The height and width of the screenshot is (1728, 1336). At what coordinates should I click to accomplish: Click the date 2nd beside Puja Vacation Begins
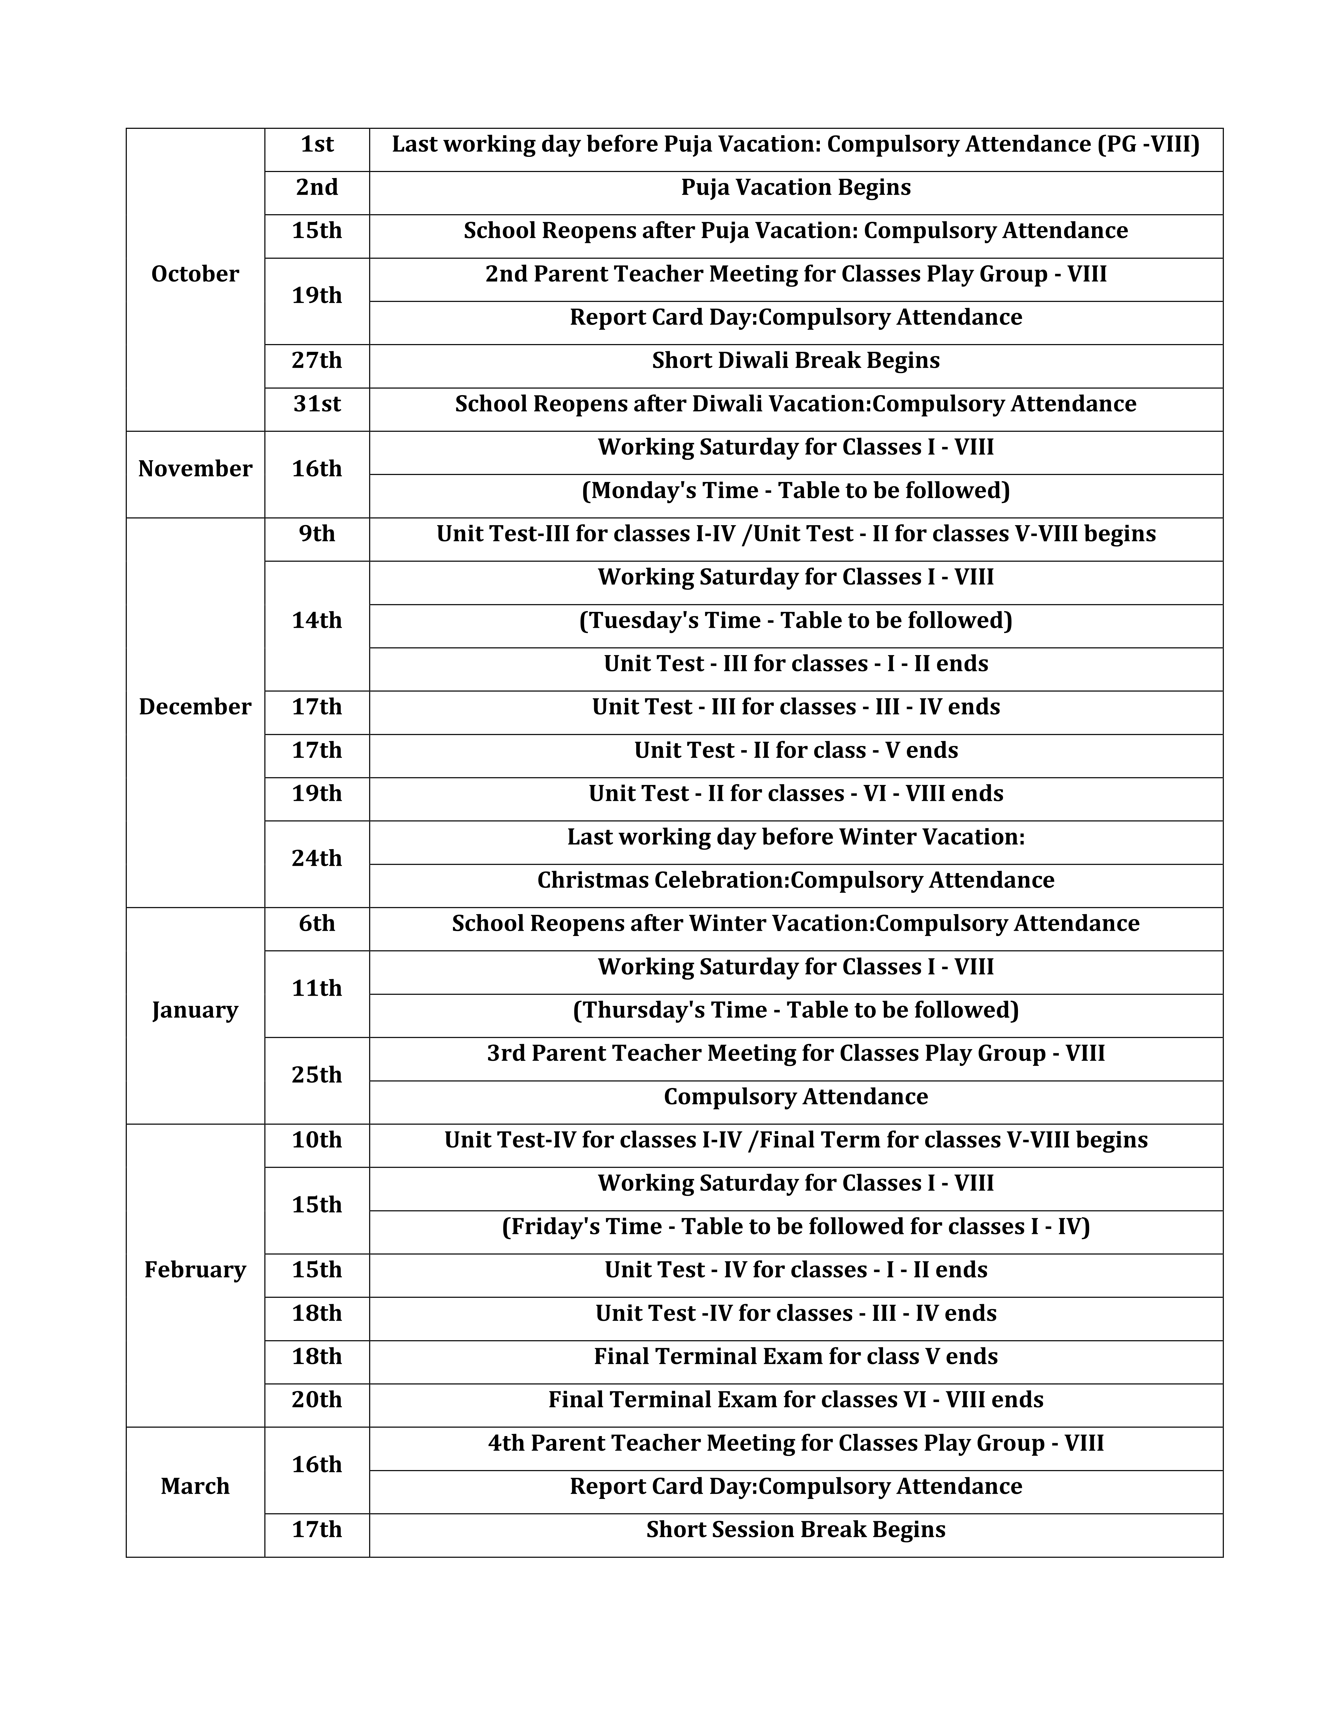click(317, 187)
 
